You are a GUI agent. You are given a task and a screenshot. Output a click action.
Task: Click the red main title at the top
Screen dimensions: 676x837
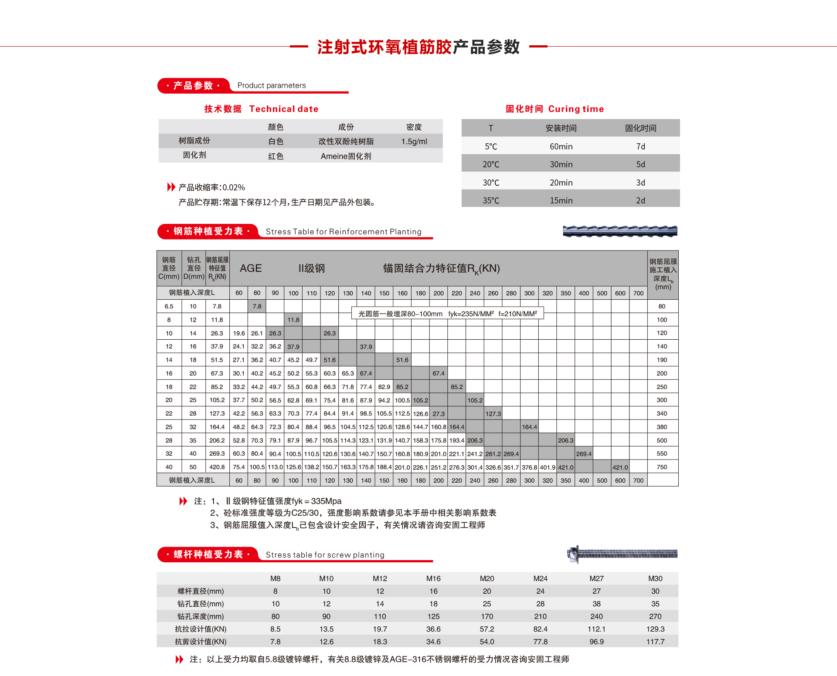tap(418, 47)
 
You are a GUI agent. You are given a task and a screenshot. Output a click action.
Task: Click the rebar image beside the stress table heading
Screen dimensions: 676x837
tap(620, 231)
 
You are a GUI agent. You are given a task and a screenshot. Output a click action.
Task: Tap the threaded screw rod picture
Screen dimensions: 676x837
tap(623, 554)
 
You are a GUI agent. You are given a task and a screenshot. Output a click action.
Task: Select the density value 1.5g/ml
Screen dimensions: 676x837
tap(414, 142)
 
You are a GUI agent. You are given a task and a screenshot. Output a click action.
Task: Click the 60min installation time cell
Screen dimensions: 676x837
tap(561, 146)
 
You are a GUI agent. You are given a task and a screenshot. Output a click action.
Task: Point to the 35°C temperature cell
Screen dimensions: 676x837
tap(491, 200)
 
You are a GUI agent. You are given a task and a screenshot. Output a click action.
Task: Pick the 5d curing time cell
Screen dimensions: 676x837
tap(640, 164)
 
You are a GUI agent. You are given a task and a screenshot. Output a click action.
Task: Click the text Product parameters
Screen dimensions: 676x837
tap(272, 85)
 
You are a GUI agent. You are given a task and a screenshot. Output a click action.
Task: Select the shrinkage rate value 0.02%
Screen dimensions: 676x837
tap(234, 187)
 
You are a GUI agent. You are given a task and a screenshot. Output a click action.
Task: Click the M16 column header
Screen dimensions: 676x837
tap(433, 578)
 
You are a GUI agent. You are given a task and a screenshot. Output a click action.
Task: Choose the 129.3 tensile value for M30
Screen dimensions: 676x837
tap(655, 629)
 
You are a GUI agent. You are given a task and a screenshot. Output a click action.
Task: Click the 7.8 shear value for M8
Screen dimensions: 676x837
tap(275, 642)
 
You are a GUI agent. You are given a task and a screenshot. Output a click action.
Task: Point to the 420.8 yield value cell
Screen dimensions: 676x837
tap(217, 467)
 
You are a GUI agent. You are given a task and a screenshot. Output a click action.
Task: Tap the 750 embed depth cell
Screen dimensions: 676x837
tap(662, 467)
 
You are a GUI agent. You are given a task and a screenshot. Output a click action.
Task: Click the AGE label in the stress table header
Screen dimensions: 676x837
tap(251, 268)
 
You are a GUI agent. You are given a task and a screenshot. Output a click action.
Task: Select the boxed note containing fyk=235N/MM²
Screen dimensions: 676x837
tap(448, 314)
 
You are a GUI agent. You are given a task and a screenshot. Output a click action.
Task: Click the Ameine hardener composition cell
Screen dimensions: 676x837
tap(346, 156)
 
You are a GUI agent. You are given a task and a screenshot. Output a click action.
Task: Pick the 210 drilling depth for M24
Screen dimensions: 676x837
tap(541, 616)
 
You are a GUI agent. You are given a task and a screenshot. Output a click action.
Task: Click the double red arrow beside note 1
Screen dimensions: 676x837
tap(183, 501)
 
